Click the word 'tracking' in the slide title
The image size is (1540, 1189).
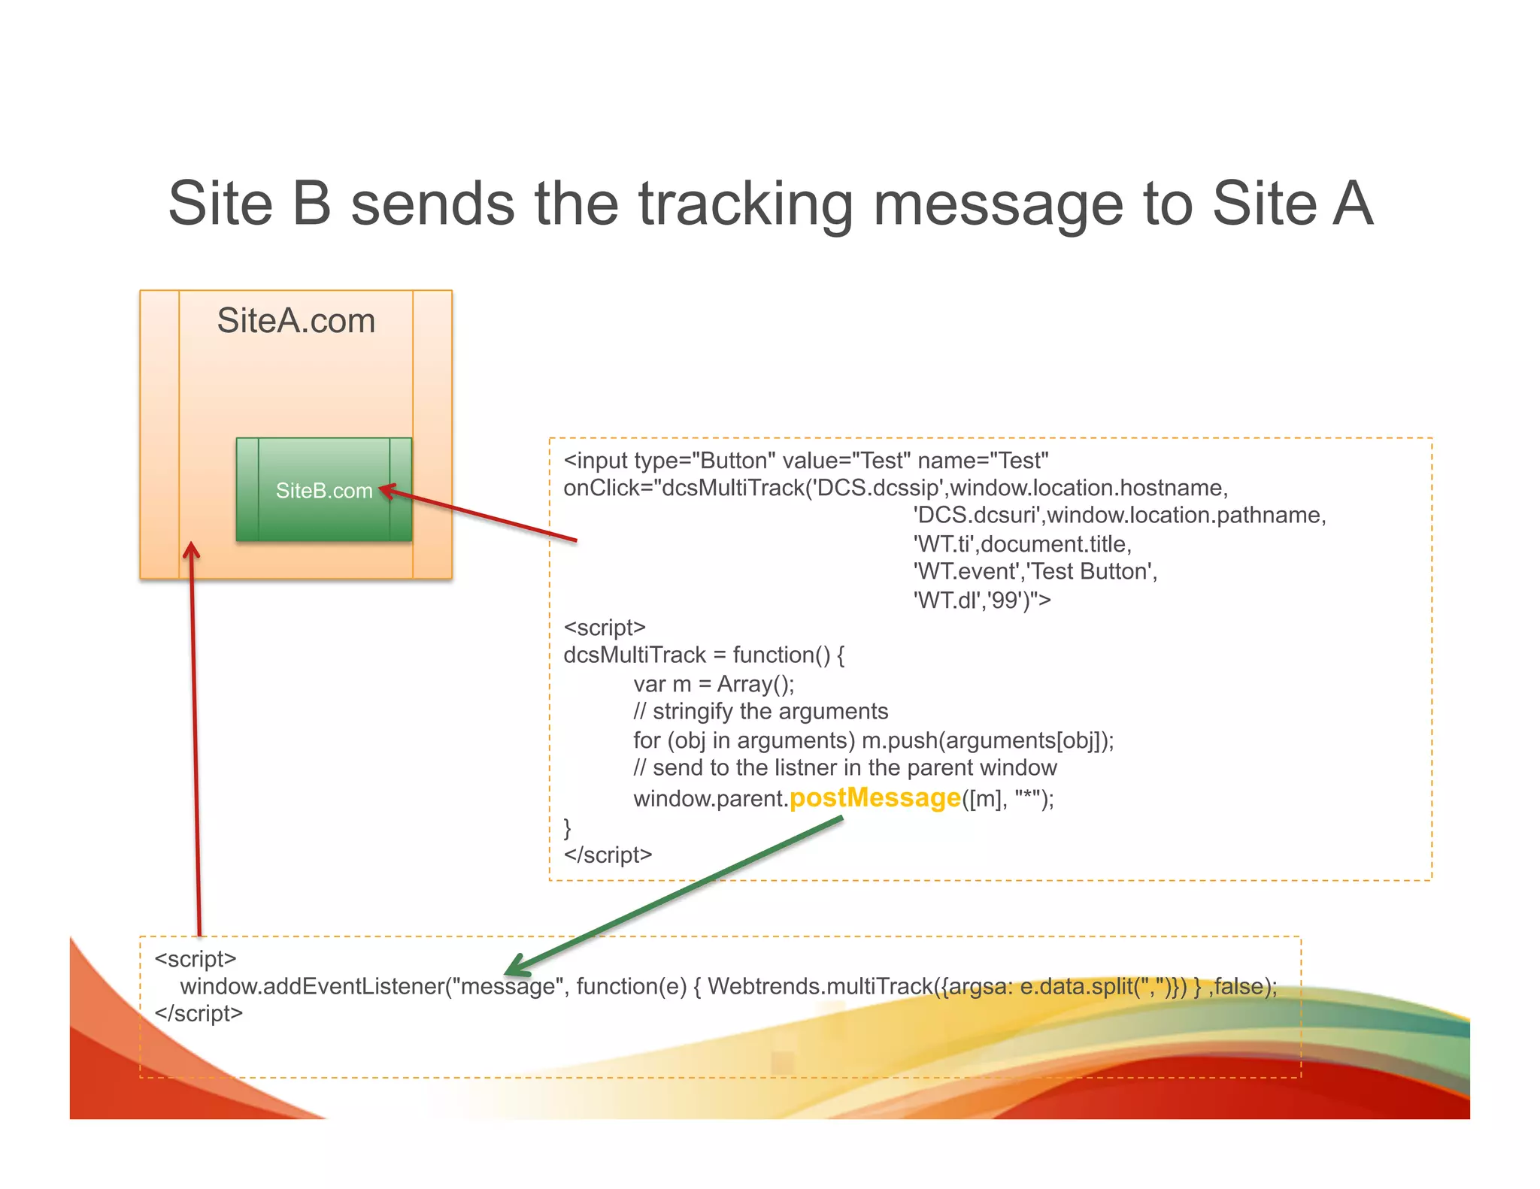point(745,204)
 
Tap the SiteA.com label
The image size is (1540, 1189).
point(296,321)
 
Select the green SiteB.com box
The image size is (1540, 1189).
point(324,490)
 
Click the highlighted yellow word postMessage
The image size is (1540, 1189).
point(875,797)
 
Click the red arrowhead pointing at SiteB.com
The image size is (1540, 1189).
point(386,491)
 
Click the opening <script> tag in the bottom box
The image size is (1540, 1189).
point(196,959)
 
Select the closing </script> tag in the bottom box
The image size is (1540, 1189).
point(199,1013)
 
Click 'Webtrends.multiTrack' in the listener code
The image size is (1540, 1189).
point(820,986)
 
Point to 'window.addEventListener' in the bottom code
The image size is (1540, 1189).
point(311,986)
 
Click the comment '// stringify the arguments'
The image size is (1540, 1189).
point(760,711)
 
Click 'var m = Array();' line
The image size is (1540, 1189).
point(713,684)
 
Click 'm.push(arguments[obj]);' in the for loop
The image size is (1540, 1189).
point(987,740)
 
